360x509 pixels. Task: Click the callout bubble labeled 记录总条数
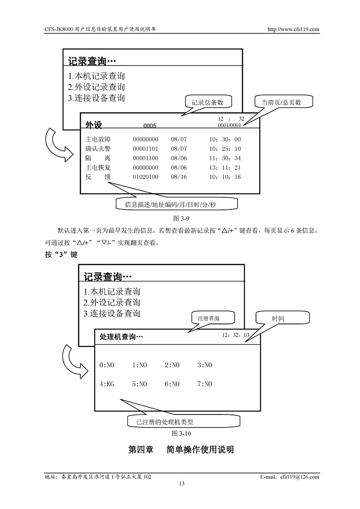tap(208, 102)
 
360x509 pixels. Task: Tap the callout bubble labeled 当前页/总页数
tap(281, 102)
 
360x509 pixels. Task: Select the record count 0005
tap(150, 126)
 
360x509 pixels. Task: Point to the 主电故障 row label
tap(98, 139)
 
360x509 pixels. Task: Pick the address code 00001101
tap(145, 149)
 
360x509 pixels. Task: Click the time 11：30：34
tap(225, 158)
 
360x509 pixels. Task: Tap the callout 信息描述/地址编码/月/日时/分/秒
tap(177, 204)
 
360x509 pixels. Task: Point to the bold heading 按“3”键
tap(61, 255)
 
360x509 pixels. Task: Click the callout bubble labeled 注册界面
tap(209, 318)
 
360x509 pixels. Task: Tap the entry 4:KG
tap(107, 384)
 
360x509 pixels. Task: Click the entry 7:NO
tap(205, 384)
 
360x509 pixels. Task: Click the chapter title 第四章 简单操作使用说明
tap(181, 450)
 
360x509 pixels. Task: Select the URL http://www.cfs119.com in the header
tap(293, 29)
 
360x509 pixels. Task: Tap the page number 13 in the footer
tap(182, 483)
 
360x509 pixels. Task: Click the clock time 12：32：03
tap(236, 335)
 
